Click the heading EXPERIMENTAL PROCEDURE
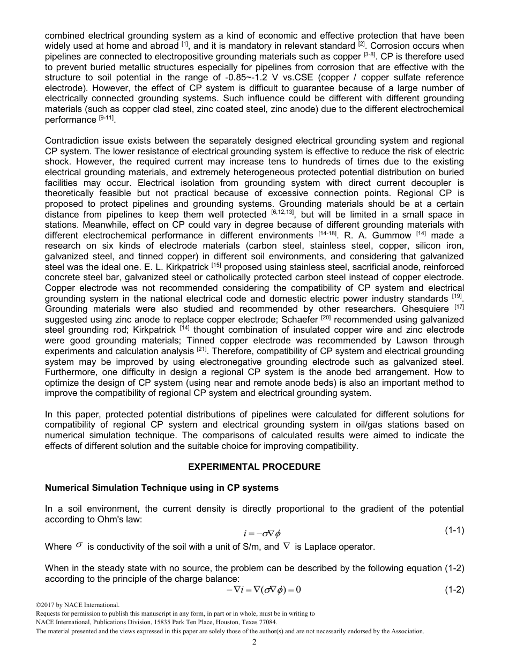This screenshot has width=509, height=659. pos(254,467)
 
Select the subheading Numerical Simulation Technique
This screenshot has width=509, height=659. pos(161,488)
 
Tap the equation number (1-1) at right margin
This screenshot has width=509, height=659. pos(454,531)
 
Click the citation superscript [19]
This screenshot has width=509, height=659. pos(457,296)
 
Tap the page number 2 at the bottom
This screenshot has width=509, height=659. pos(254,642)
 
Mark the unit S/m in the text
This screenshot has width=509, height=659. pos(252,547)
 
